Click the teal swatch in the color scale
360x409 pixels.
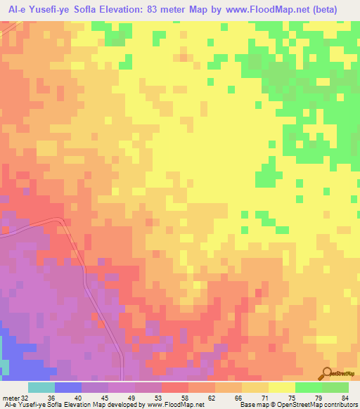click(41, 387)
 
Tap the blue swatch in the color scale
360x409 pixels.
click(68, 387)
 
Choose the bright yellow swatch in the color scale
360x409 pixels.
click(282, 387)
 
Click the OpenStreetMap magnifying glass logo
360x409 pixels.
click(326, 375)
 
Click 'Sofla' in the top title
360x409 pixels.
click(78, 9)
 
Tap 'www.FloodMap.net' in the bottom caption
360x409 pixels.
click(176, 405)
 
